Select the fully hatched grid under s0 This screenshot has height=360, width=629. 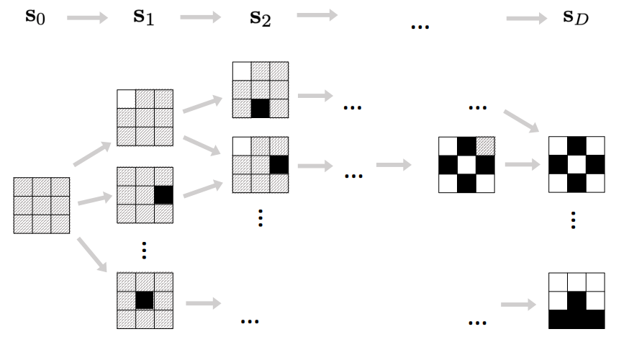pyautogui.click(x=42, y=205)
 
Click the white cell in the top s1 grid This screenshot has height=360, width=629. pyautogui.click(x=126, y=99)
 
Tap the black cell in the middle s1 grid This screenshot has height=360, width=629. pyautogui.click(x=163, y=194)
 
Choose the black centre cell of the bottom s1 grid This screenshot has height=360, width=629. pyautogui.click(x=145, y=300)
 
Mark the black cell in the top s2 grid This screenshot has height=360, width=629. pyautogui.click(x=260, y=109)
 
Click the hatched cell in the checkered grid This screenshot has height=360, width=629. pyautogui.click(x=486, y=146)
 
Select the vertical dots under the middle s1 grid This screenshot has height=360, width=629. pyautogui.click(x=145, y=250)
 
